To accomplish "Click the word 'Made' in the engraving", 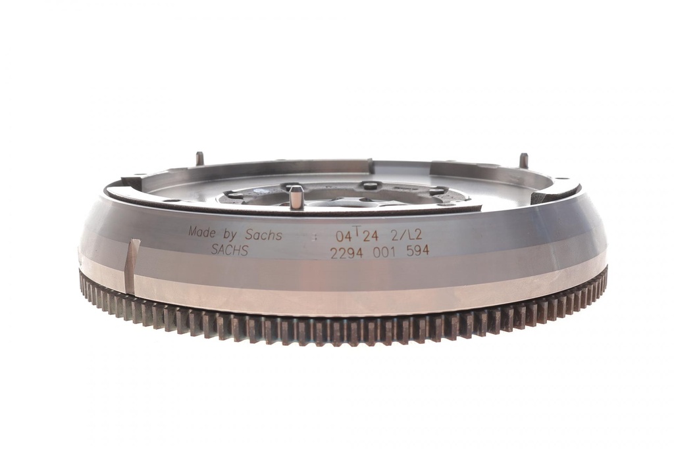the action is [203, 232].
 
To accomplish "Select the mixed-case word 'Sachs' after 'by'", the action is [263, 235].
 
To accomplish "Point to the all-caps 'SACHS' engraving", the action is [230, 250].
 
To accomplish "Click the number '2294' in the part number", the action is [347, 253].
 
